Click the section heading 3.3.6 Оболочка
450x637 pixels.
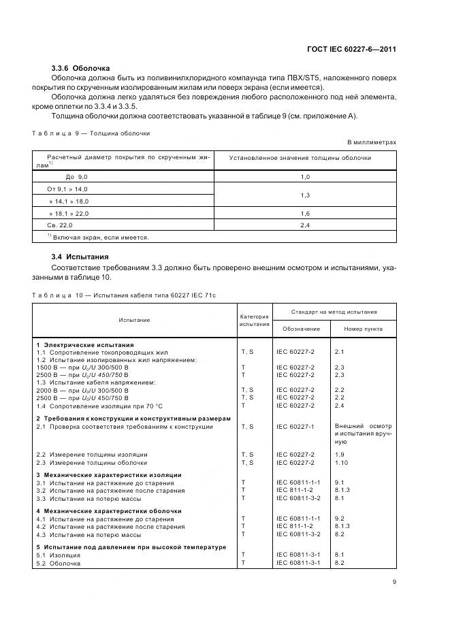click(80, 68)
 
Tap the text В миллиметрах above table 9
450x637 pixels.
click(372, 142)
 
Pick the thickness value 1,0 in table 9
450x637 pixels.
click(304, 176)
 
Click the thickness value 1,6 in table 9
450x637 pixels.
click(304, 213)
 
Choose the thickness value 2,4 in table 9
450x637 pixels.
click(304, 225)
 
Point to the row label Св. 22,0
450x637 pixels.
click(59, 225)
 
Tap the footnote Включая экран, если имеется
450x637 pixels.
click(98, 238)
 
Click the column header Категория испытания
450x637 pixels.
click(255, 320)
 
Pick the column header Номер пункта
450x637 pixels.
click(363, 329)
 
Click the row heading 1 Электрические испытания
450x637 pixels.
click(85, 345)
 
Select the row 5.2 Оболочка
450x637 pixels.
click(58, 563)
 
